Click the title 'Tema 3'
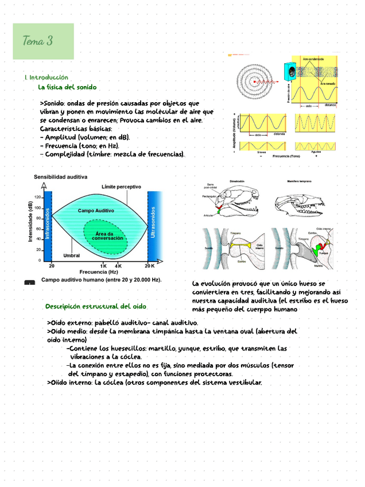[38, 41]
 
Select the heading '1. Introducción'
[46, 77]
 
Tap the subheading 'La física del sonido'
[67, 87]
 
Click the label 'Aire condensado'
[313, 59]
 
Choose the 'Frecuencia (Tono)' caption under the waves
[286, 156]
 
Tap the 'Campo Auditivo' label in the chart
[96, 211]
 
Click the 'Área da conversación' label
[107, 235]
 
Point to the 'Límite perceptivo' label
[121, 187]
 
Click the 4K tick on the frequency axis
[118, 266]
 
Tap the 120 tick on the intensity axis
[37, 198]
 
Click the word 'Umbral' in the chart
[71, 255]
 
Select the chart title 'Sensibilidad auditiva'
[60, 177]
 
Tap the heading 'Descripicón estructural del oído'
[96, 307]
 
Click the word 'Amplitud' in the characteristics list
[61, 137]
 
